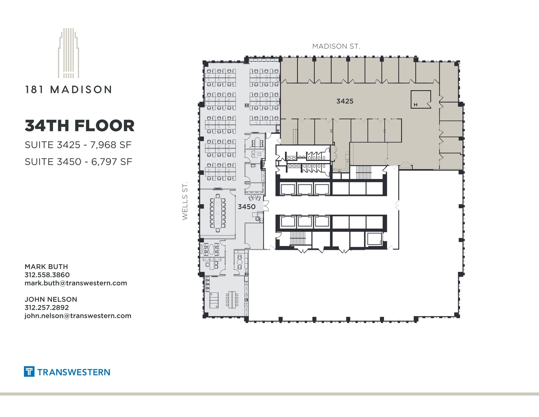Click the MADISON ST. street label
tap(336, 46)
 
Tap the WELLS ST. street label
tap(185, 200)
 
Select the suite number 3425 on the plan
tap(345, 101)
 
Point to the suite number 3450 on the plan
tap(247, 207)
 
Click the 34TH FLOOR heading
tap(79, 126)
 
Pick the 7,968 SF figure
tap(111, 145)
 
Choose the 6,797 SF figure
tap(112, 162)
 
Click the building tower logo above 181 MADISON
tap(68, 53)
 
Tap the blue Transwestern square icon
tap(29, 371)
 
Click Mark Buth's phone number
tap(47, 275)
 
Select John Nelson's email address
tap(78, 316)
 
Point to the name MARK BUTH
tap(46, 267)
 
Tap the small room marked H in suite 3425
tap(421, 99)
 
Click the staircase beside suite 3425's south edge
tap(363, 173)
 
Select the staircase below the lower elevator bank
tap(296, 238)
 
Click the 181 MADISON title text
tap(68, 90)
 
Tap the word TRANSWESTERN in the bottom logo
tap(74, 372)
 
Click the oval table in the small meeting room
tap(211, 249)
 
